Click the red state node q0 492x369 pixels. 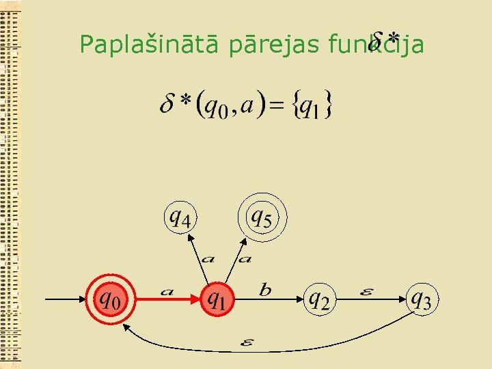click(x=110, y=299)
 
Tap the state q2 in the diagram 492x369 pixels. click(x=319, y=299)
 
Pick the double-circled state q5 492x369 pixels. click(x=262, y=219)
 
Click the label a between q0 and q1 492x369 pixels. click(x=167, y=292)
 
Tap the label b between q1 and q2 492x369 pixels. click(x=265, y=290)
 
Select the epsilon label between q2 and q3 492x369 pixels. click(x=366, y=291)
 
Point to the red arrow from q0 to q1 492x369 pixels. click(x=167, y=299)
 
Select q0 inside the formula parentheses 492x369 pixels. click(x=217, y=107)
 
